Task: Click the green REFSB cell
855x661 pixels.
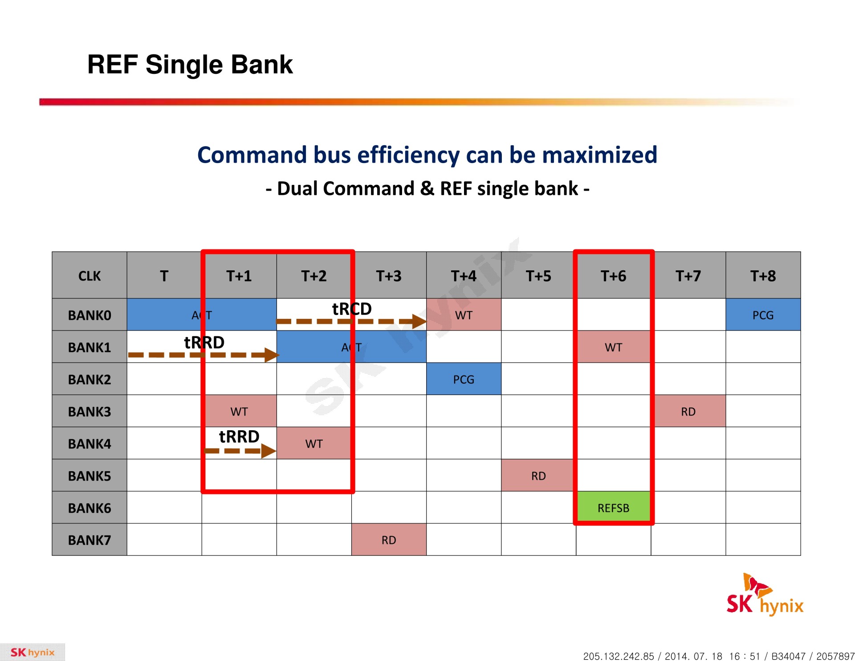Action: (x=613, y=507)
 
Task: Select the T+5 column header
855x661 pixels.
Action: (x=538, y=275)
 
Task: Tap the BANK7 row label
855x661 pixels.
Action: (x=90, y=539)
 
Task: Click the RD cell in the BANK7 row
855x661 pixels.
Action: (x=389, y=539)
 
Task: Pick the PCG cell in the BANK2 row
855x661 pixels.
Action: (x=464, y=379)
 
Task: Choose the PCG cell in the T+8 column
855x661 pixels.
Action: (x=763, y=314)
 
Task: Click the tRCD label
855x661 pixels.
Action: (x=352, y=309)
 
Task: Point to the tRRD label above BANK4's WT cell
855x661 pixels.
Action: (x=239, y=437)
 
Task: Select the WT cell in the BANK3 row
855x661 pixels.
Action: (x=239, y=411)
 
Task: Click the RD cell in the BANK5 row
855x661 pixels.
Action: (x=538, y=475)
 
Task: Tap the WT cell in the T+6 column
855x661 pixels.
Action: (x=613, y=347)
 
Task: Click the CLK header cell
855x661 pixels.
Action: (x=90, y=275)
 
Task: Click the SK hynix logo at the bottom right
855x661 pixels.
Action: (x=765, y=595)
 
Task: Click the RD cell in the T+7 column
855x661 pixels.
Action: (x=688, y=411)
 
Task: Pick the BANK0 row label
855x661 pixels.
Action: (x=90, y=314)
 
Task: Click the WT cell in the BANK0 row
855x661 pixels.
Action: (x=464, y=314)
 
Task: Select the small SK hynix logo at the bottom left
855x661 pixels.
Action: (x=33, y=652)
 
